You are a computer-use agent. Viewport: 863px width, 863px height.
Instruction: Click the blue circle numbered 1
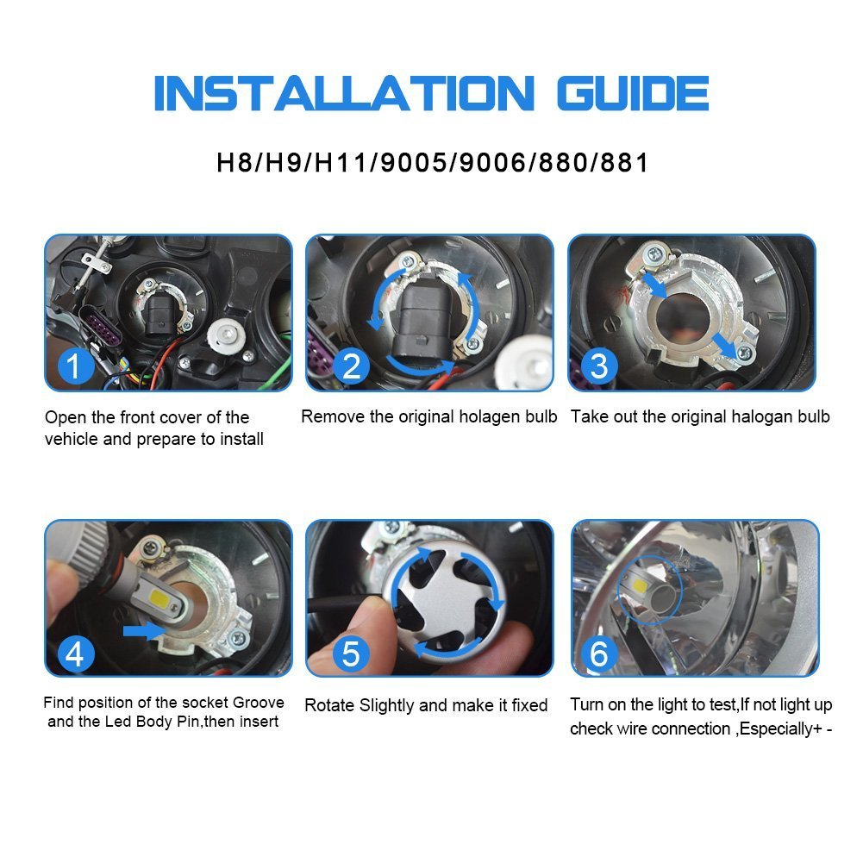(75, 366)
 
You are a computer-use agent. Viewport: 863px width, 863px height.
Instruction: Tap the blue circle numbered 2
(351, 366)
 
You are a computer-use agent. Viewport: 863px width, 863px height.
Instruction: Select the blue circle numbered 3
(598, 366)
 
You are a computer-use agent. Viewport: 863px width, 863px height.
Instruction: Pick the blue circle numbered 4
(75, 654)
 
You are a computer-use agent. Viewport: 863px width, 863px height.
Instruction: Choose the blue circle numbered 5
(351, 654)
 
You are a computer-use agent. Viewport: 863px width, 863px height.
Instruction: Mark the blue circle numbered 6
(598, 654)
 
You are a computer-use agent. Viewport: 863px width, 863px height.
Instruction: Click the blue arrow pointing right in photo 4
(142, 632)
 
